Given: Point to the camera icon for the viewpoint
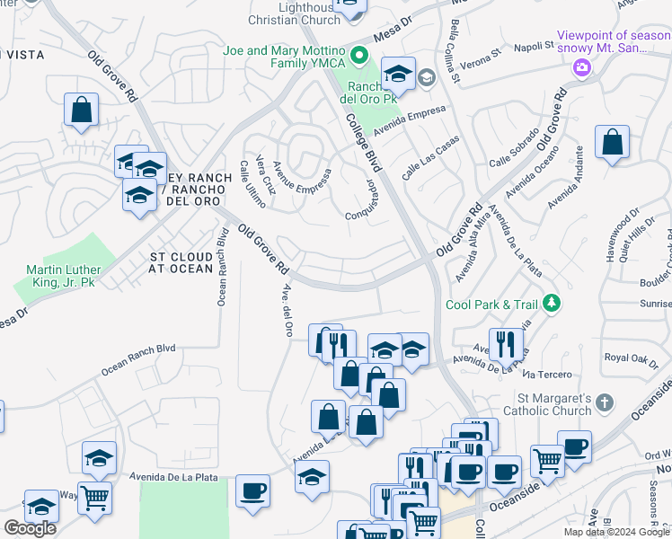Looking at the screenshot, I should (582, 67).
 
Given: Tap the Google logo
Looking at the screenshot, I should (31, 527).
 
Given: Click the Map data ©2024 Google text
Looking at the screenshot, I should (617, 532).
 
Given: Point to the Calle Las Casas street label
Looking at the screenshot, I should (430, 157).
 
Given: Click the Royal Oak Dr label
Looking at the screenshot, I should (632, 357).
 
